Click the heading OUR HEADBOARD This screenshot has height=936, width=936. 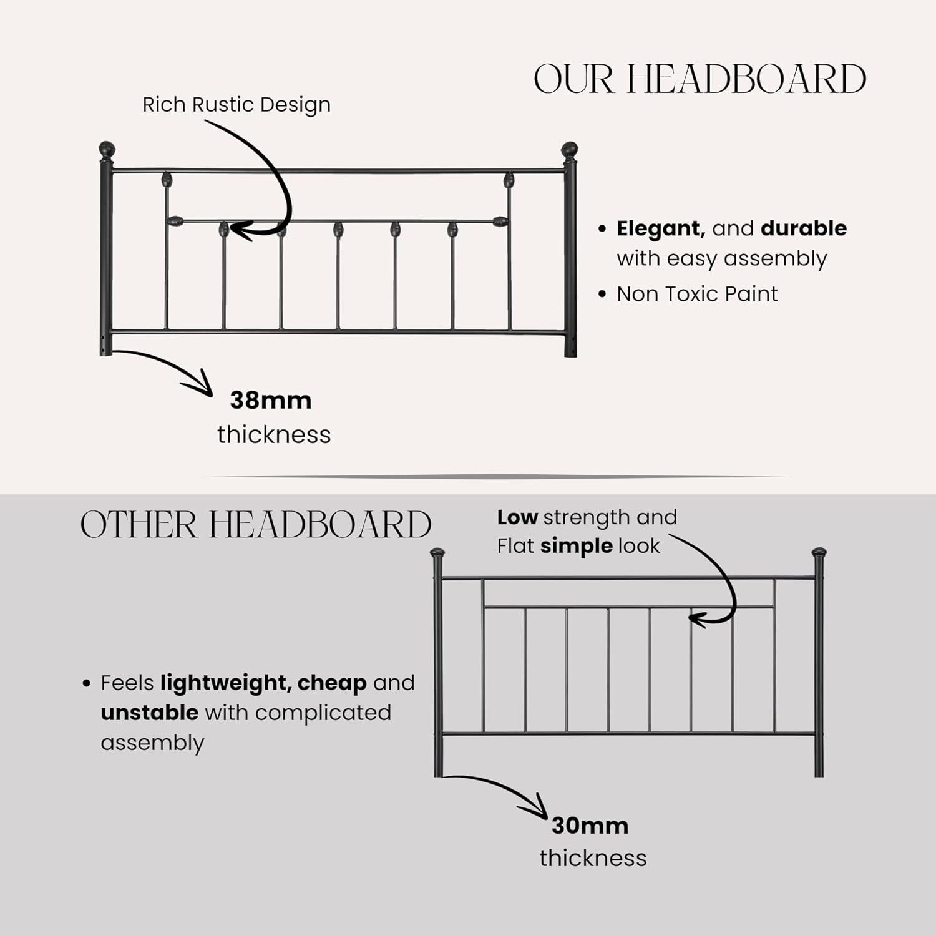pos(700,79)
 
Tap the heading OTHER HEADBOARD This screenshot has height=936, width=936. pos(256,524)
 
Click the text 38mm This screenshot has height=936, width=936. pos(270,401)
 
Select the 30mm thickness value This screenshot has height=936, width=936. pos(590,826)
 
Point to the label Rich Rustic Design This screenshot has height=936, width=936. pos(236,105)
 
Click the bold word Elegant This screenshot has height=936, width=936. pos(660,228)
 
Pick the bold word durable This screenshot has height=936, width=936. pos(804,228)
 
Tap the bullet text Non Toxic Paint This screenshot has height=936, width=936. pos(697,294)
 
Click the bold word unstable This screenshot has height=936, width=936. pos(149,713)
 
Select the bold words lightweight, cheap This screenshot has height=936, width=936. pos(263,683)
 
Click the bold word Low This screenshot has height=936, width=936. pos(517,517)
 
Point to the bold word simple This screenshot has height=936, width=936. pos(577,546)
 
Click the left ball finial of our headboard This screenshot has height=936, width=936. pos(107,150)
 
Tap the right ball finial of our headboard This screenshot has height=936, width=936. pos(569,150)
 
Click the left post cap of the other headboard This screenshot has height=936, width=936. pos(438,553)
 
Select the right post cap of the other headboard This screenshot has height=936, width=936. pos(819,553)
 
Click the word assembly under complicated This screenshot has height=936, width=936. pos(152,743)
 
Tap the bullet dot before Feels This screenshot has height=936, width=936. pos(87,683)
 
